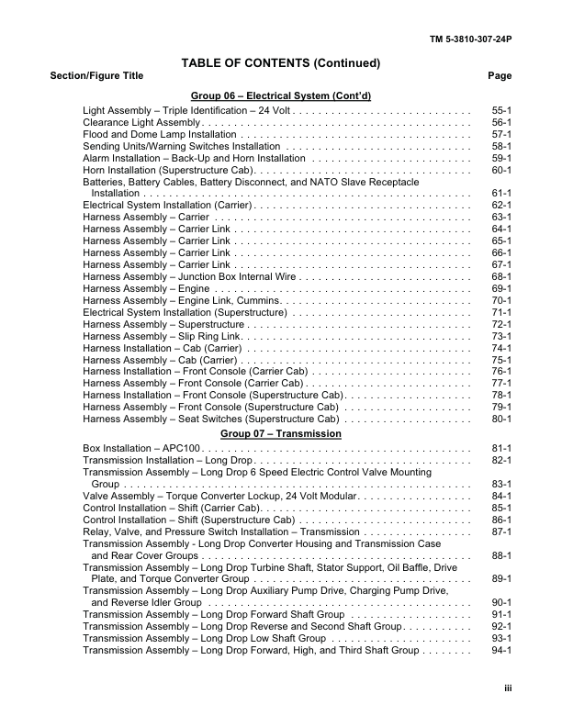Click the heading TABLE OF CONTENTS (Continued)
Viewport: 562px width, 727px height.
tap(280, 62)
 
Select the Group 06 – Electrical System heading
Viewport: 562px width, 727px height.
tap(280, 95)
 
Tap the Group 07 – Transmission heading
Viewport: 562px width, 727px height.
tap(280, 433)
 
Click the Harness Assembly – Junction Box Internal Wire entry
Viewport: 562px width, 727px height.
tap(190, 276)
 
